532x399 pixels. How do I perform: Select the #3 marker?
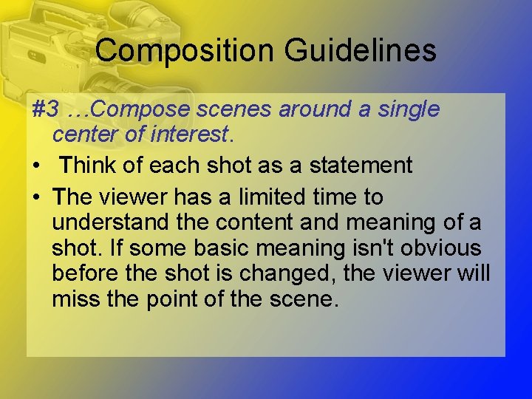point(46,109)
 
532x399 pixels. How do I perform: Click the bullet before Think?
point(36,166)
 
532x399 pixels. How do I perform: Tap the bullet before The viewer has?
point(36,198)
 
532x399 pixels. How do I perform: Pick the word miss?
point(75,299)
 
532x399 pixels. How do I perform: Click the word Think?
point(88,166)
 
